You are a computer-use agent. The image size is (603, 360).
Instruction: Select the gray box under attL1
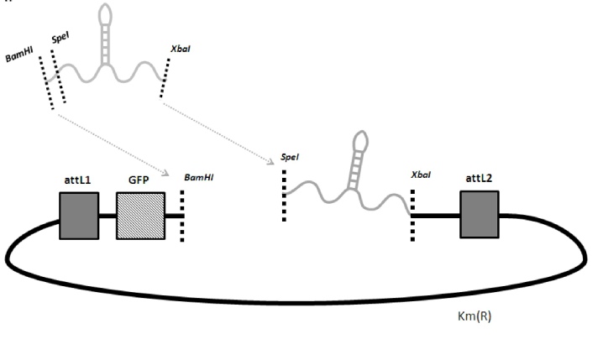(79, 216)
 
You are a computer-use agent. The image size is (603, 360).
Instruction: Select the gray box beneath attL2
(479, 214)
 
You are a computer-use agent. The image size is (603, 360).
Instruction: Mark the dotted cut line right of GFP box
(183, 215)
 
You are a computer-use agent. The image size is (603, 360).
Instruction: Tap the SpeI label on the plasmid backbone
(286, 159)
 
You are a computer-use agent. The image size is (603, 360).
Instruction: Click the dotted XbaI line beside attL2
(412, 215)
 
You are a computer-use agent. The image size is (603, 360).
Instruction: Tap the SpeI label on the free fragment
(60, 39)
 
